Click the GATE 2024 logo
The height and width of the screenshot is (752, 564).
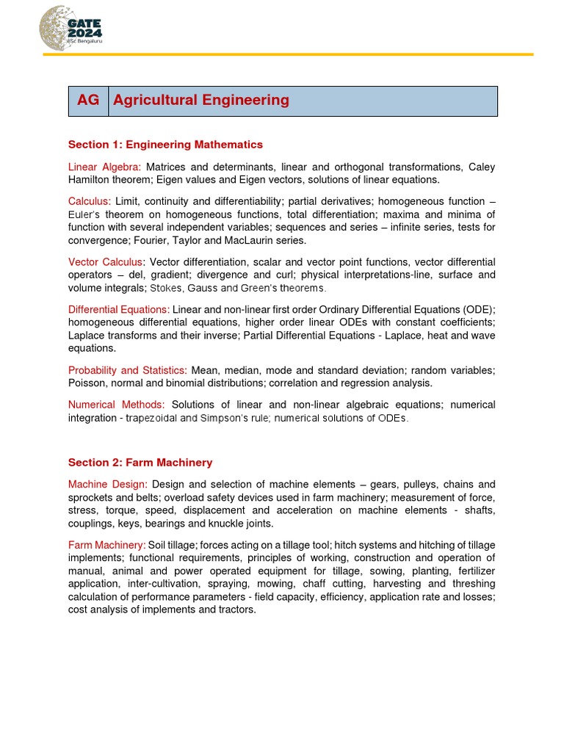point(70,29)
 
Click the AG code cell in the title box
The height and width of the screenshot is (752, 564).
point(88,101)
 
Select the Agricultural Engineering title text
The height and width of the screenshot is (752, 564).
point(201,101)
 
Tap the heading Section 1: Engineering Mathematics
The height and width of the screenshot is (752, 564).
point(165,145)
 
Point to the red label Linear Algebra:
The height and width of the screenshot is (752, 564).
point(104,167)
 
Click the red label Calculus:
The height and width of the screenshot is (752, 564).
point(90,201)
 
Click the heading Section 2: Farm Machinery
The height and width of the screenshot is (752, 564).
point(140,463)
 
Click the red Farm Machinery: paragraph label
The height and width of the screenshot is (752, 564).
point(106,545)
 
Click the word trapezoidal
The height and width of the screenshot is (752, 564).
point(151,418)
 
